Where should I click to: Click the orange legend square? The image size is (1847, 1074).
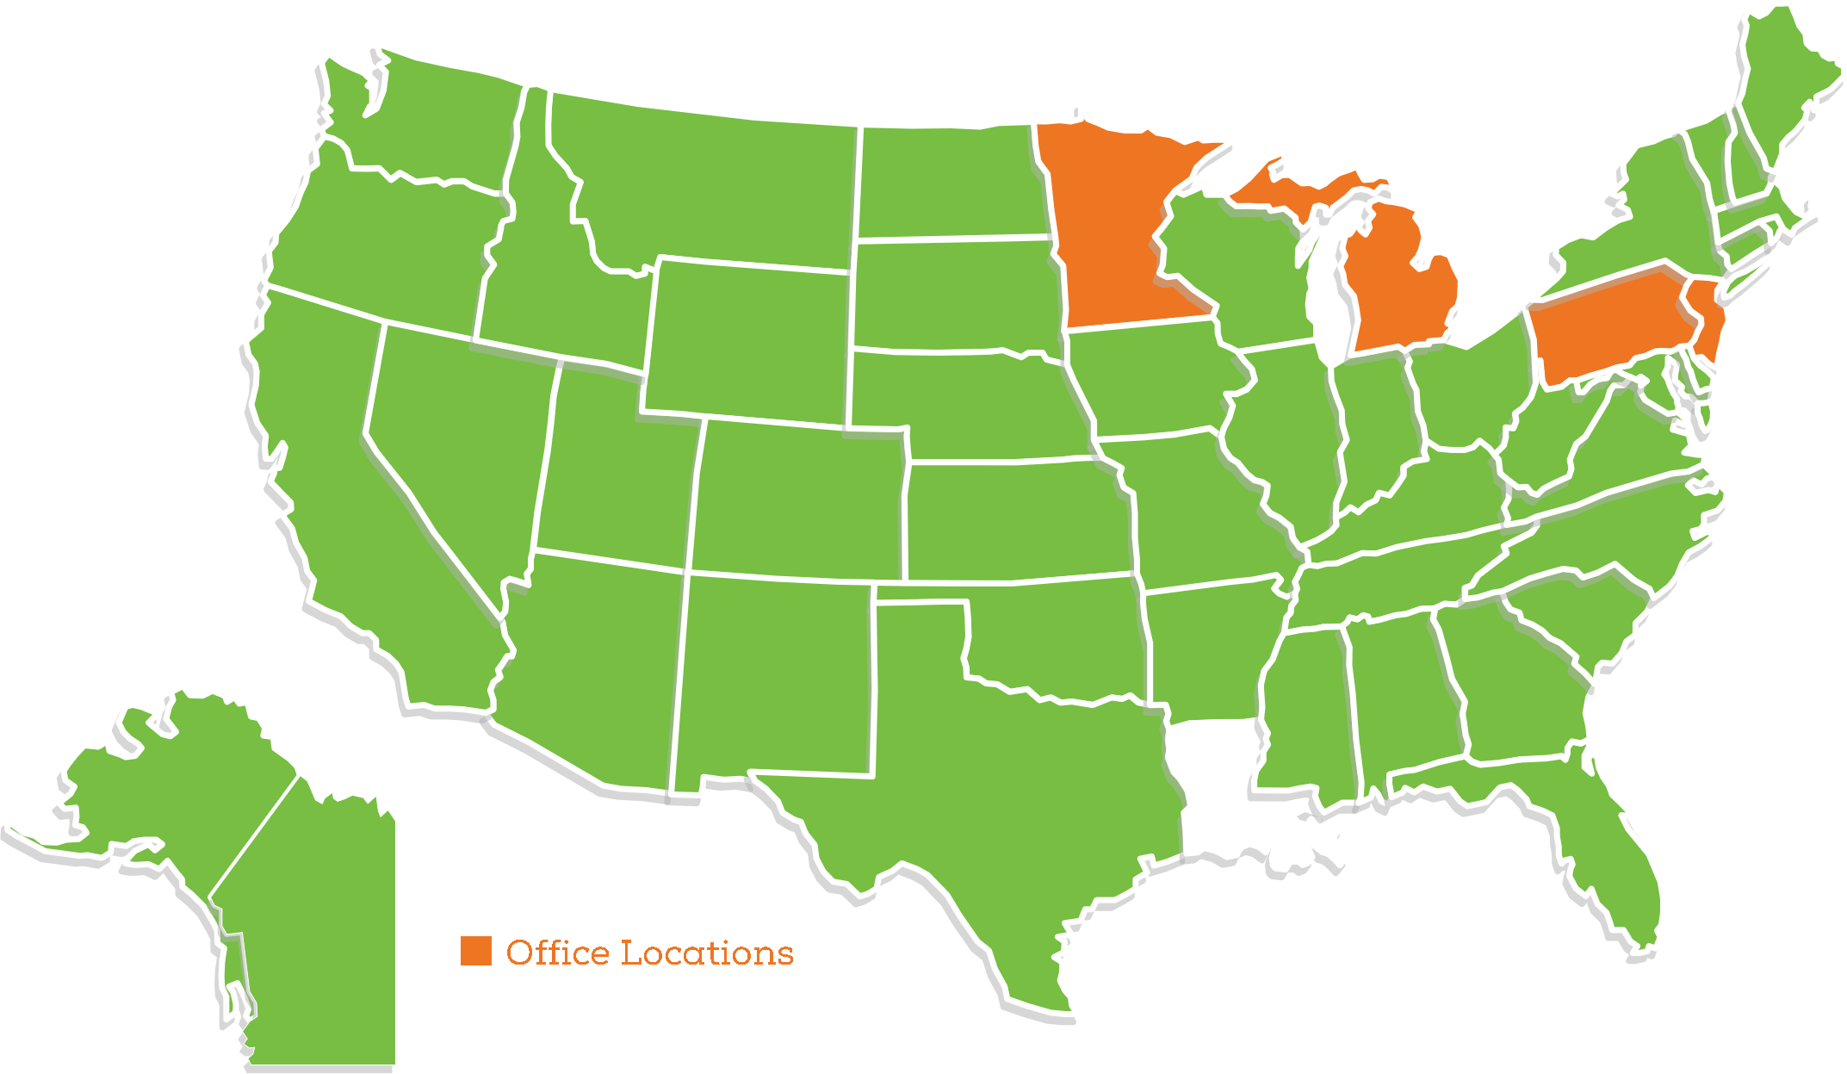click(475, 951)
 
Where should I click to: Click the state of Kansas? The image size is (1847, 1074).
click(1016, 521)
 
